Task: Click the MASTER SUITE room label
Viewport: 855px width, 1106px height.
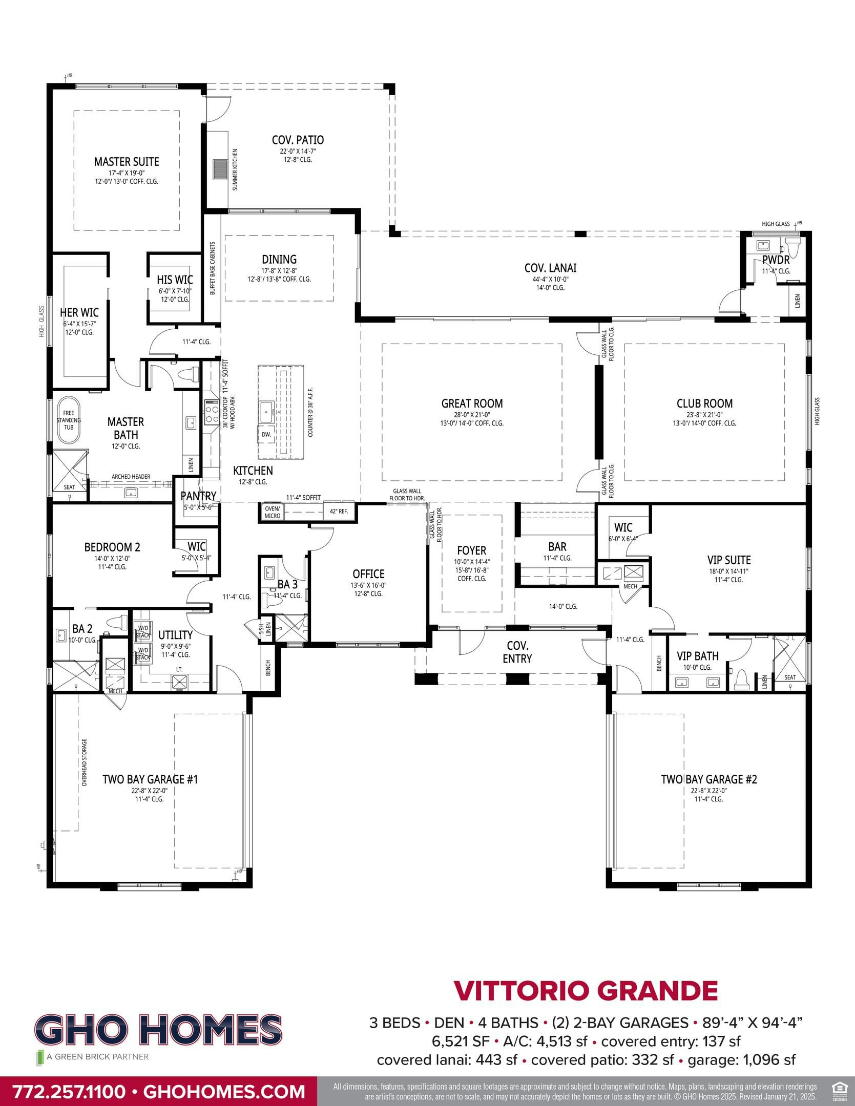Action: (126, 162)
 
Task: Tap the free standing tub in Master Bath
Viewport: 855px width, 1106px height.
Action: (69, 420)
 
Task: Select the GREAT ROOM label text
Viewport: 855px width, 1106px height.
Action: (472, 403)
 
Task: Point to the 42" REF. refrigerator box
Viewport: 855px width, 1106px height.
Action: (339, 511)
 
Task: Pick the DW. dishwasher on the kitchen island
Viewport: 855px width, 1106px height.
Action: (266, 434)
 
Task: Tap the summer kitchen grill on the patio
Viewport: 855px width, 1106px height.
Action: (220, 169)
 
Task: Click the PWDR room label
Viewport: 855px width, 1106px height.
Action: (776, 260)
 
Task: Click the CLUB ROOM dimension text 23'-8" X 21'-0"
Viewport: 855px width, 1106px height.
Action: (704, 415)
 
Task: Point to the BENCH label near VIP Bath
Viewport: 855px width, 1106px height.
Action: (659, 664)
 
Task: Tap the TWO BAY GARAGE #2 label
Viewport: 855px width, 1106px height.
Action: (709, 779)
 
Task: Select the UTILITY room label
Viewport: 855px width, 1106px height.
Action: (175, 635)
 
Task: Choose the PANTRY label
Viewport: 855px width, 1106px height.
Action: (198, 496)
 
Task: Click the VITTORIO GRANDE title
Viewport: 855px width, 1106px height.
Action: (586, 990)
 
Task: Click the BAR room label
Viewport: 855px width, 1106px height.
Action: (557, 547)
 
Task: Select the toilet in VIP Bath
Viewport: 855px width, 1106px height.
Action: (741, 679)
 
